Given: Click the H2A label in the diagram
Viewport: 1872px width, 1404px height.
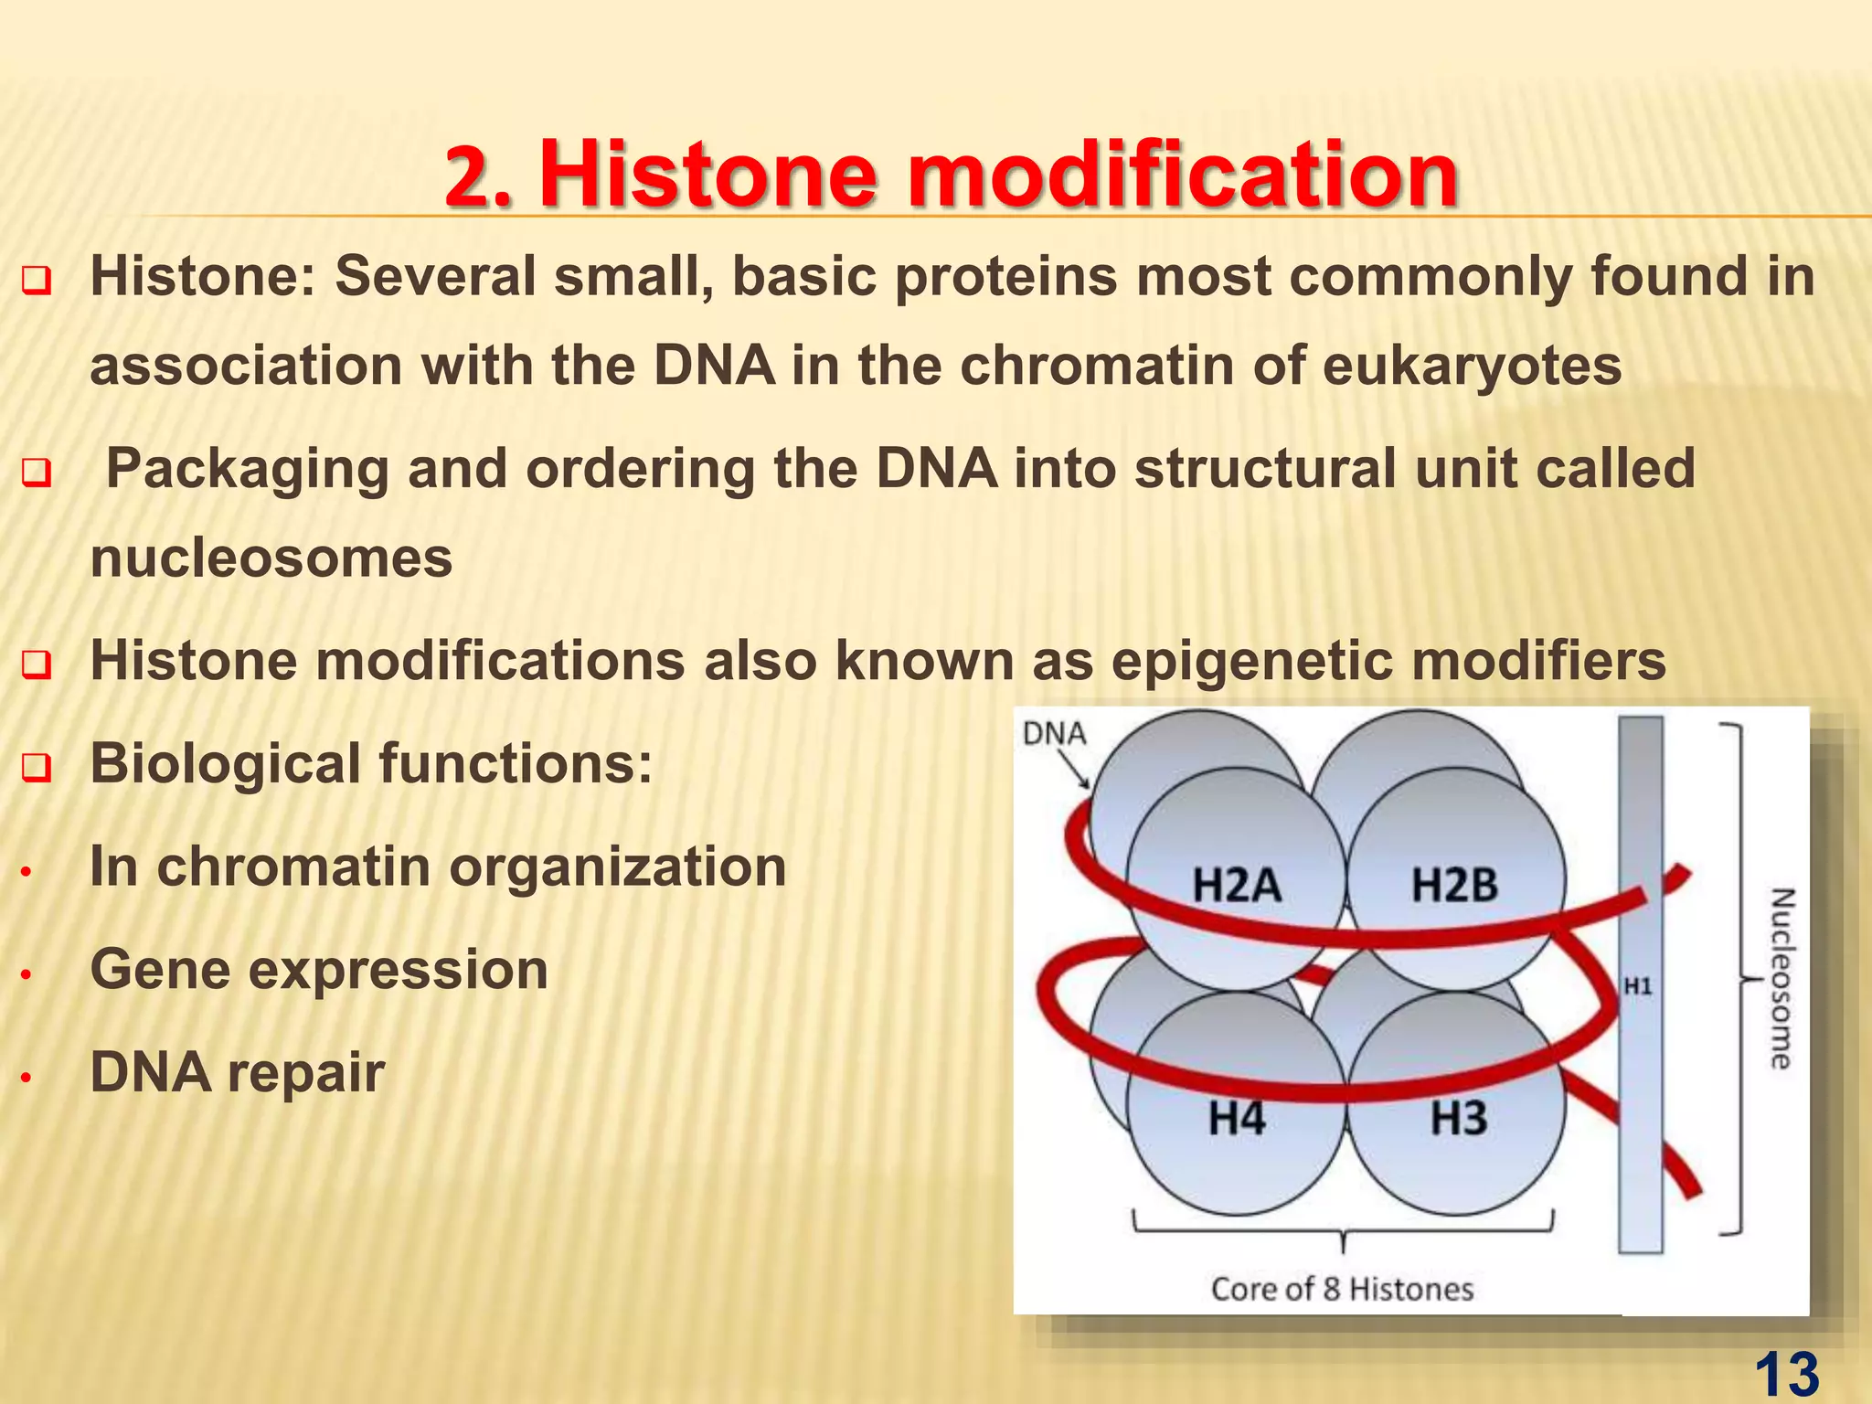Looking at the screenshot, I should (x=1237, y=886).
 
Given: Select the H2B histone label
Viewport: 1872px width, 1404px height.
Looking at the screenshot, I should (x=1454, y=886).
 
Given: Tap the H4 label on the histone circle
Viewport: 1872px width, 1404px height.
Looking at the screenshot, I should (x=1237, y=1118).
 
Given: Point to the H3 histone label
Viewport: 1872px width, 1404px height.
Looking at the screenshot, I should (x=1459, y=1118).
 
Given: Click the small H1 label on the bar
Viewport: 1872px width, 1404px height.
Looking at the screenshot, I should (x=1637, y=986).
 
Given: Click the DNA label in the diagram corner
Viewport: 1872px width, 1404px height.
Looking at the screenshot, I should (x=1054, y=733).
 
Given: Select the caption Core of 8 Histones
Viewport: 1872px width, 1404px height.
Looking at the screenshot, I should (x=1342, y=1289).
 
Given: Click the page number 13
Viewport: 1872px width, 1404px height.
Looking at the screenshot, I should (x=1787, y=1374).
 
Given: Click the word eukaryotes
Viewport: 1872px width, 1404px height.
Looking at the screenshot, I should (x=1472, y=366).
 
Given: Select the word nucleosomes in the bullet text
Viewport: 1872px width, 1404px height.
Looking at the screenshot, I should (x=271, y=558).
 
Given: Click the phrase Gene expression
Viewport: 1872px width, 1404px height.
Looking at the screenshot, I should (x=319, y=969).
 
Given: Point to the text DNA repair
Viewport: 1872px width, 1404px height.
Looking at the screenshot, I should (x=237, y=1072).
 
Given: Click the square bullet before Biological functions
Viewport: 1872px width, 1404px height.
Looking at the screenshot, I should (x=36, y=768).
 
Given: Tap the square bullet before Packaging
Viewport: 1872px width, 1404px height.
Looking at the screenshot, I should (x=36, y=473).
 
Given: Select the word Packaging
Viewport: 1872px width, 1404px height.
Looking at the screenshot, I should (x=247, y=470).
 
